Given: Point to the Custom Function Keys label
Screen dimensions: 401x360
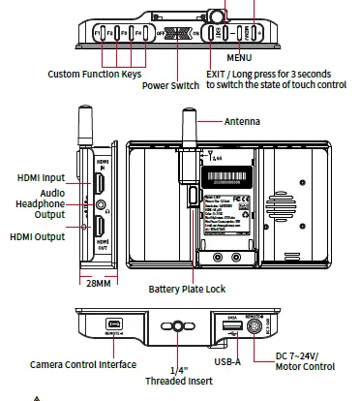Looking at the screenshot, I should (94, 74).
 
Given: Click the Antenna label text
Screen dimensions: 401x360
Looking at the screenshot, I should (244, 122).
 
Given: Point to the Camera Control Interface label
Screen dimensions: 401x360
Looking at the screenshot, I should (83, 364).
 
